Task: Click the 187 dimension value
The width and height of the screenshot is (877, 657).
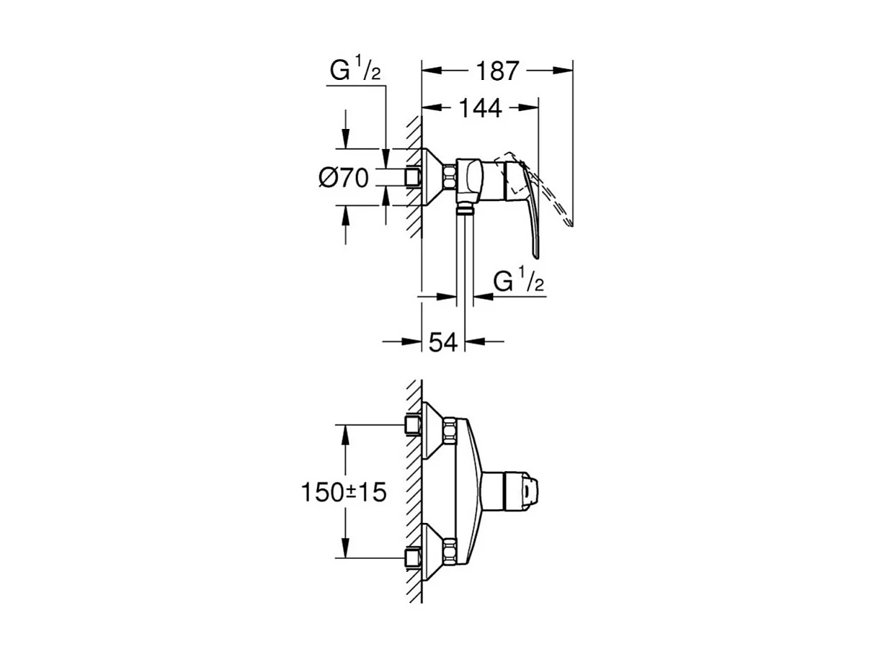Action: [x=497, y=71]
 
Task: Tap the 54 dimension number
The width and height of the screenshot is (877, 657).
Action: [x=443, y=341]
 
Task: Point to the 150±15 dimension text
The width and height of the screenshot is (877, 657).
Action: [x=344, y=492]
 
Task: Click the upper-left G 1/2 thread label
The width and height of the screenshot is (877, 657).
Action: [x=355, y=71]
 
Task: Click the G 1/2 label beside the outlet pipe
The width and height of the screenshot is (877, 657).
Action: [x=517, y=282]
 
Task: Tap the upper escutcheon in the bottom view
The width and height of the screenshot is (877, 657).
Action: [x=434, y=430]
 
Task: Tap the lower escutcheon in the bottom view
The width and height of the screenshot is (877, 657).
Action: [x=434, y=553]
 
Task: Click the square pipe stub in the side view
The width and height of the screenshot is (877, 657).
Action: [x=413, y=177]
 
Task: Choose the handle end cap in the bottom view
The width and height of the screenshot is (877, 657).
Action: [x=530, y=492]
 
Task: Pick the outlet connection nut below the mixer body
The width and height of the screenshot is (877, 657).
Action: [x=466, y=210]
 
